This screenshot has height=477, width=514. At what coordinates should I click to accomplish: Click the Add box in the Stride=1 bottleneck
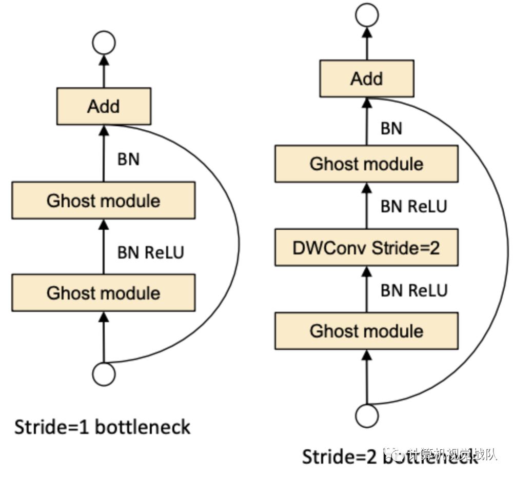104,106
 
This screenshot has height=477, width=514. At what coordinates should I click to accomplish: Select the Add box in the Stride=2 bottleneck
366,78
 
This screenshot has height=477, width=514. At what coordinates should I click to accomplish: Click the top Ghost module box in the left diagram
104,200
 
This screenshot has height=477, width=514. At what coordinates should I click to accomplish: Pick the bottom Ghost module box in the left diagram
104,292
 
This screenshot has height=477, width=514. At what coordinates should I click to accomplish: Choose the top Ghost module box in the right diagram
366,164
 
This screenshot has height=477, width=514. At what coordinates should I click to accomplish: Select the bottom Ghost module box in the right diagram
366,331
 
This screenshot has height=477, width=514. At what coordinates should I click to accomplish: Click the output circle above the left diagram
104,43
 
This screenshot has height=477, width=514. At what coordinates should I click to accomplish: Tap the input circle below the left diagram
104,374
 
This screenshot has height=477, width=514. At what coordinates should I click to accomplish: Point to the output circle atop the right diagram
366,15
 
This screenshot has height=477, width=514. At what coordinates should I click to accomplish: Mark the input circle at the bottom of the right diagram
366,415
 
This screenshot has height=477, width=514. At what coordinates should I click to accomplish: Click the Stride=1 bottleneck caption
102,427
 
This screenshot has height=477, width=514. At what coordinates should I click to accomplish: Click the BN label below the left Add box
128,159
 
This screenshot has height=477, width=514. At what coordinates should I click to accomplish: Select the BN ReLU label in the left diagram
150,252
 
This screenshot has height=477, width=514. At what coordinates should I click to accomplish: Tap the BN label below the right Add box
391,128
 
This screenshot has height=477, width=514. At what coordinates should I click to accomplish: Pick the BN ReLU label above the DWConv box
413,206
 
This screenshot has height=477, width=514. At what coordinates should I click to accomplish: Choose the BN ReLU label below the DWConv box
413,290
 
